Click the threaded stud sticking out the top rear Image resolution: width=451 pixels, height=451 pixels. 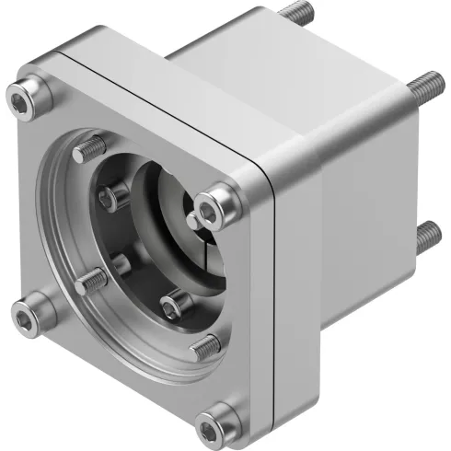294,14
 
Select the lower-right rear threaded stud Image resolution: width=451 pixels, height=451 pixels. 426,237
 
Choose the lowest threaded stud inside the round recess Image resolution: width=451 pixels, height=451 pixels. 205,346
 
